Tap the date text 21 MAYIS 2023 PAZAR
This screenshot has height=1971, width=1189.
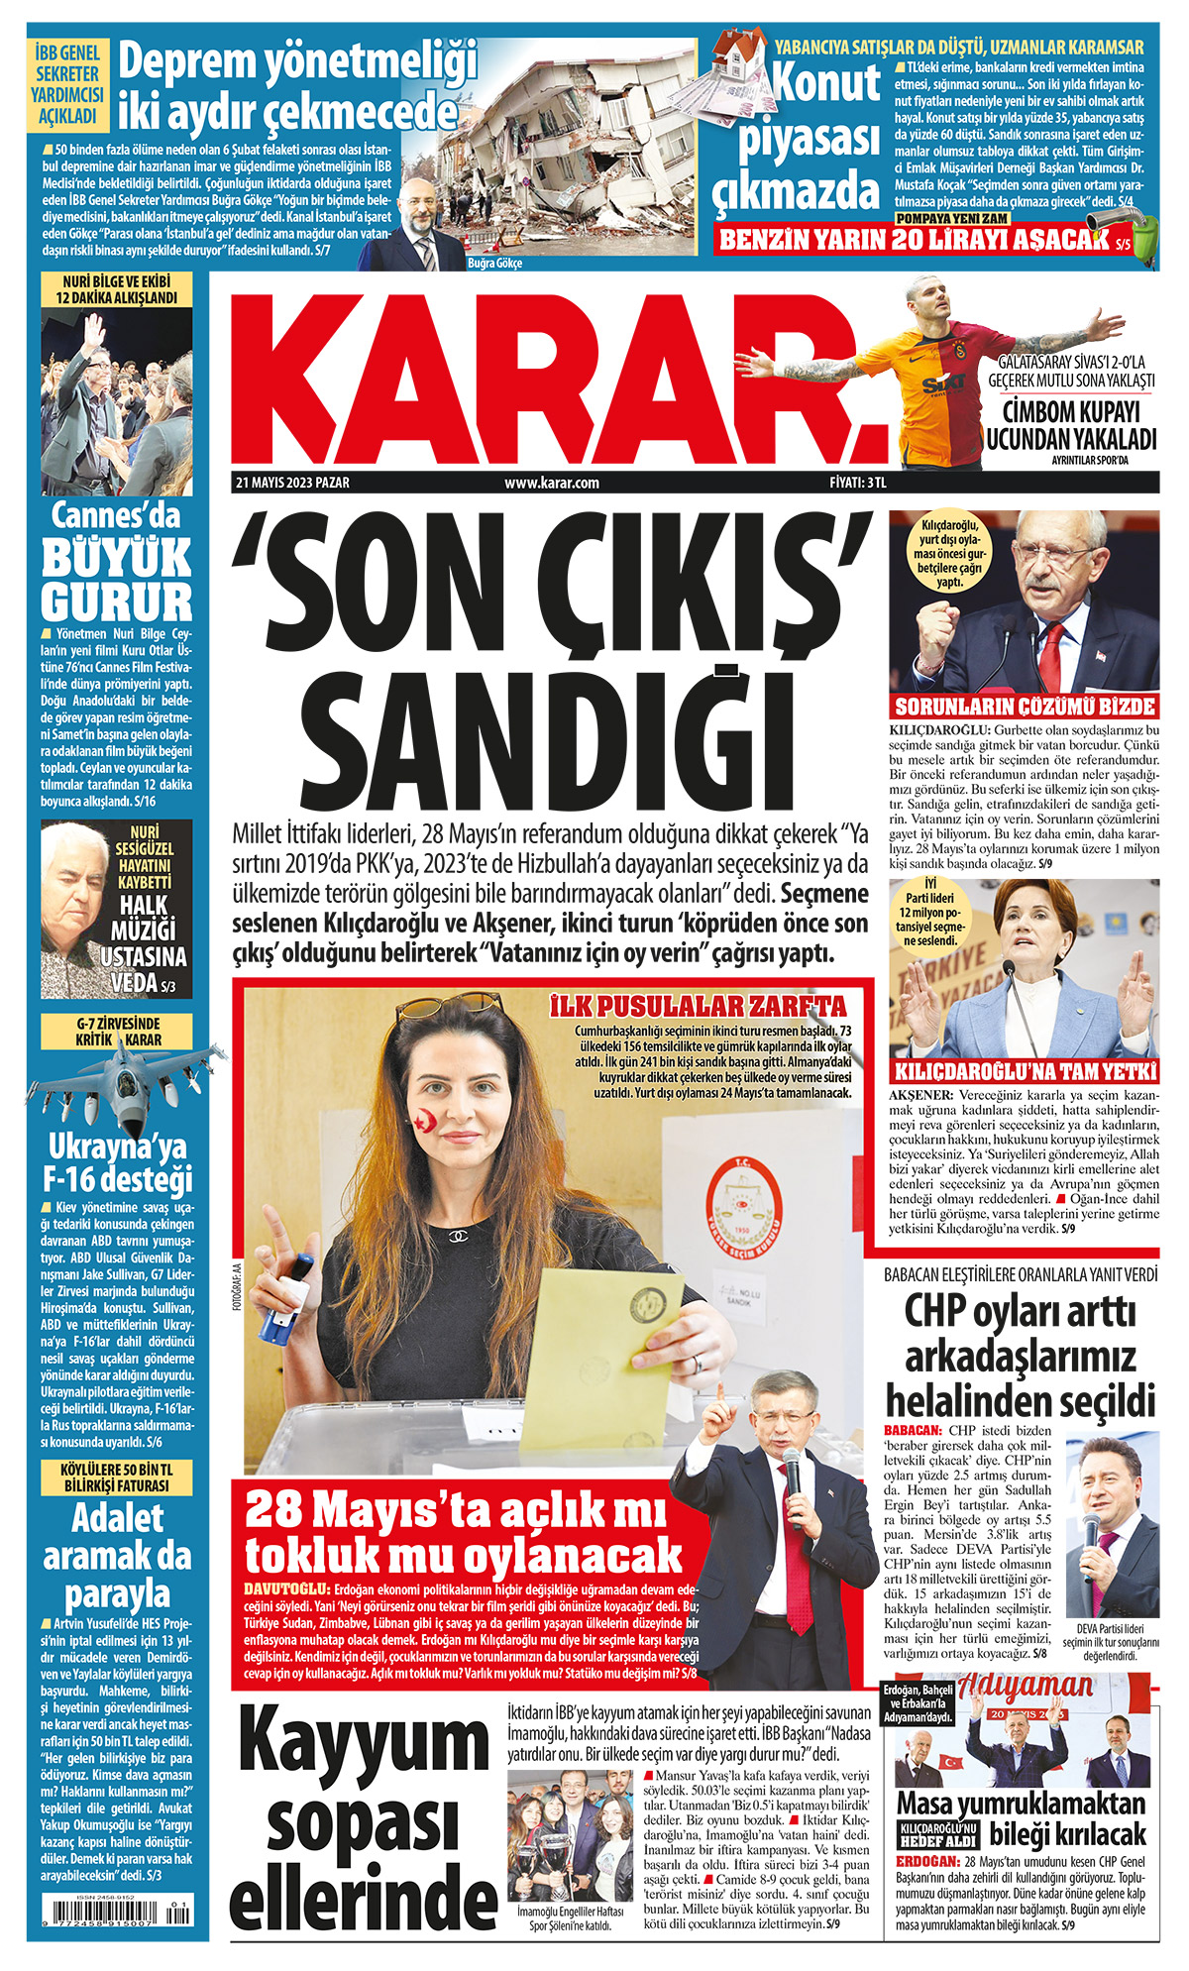pos(292,483)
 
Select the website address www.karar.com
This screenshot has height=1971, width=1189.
pos(552,483)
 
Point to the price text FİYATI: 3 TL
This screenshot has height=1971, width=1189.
pos(858,483)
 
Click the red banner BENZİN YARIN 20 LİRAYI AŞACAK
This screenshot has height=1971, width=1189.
pos(916,239)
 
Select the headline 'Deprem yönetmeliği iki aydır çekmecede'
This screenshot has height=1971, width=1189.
pos(297,87)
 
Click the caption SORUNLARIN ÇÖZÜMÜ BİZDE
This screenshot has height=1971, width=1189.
pos(1025,707)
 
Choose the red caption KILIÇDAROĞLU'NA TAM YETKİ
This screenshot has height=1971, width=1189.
pos(1025,1071)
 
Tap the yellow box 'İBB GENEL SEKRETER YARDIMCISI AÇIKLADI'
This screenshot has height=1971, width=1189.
pos(67,85)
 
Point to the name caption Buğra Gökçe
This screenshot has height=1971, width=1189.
pos(494,264)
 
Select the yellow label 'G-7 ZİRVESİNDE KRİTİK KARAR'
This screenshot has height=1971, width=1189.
pos(117,1032)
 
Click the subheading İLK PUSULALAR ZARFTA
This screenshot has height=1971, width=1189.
pos(698,1007)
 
